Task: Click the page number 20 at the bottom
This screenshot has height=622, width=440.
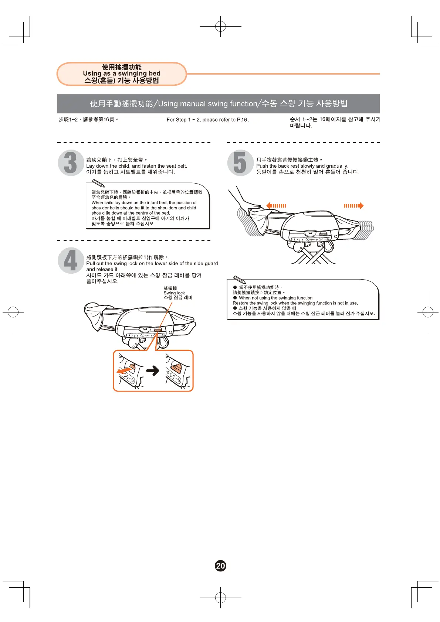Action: point(220,566)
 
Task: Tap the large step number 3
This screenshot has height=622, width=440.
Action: point(70,163)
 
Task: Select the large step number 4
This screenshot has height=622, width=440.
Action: point(70,260)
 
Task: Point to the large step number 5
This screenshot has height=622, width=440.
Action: point(240,163)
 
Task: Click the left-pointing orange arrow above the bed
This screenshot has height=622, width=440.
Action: point(276,206)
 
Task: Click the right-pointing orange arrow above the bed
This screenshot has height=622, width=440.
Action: point(354,206)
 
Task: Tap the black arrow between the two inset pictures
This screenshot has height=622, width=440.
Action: point(152,370)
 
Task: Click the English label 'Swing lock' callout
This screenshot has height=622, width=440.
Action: point(174,293)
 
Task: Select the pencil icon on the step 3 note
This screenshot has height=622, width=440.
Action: point(98,183)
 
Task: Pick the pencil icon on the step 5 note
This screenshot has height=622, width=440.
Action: point(240,280)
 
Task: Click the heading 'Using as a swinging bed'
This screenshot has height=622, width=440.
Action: point(122,74)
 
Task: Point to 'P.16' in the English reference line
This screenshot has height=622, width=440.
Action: point(242,120)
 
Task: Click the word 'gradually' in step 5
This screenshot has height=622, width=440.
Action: point(336,166)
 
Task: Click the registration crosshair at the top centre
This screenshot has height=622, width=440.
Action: point(220,27)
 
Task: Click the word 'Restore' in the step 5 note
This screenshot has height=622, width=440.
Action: point(241,303)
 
